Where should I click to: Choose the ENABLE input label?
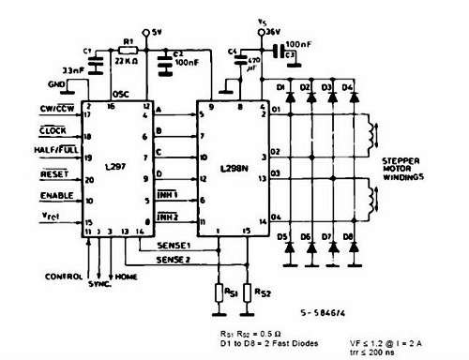click(56, 197)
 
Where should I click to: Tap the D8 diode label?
click(349, 238)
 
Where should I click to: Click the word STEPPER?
click(402, 161)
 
